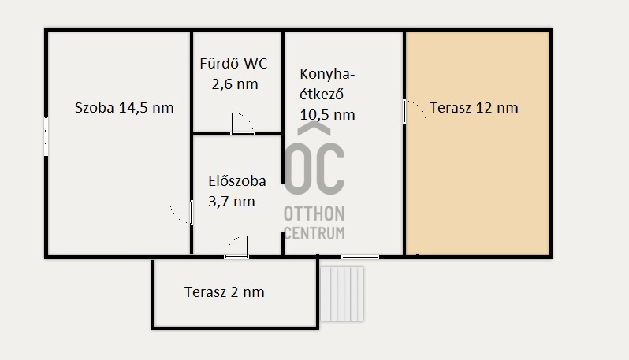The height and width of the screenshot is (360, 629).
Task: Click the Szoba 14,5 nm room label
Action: click(125, 108)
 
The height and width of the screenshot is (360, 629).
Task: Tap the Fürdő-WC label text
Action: click(233, 64)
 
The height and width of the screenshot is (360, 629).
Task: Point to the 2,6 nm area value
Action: click(235, 84)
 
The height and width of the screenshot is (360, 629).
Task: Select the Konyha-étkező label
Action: click(327, 84)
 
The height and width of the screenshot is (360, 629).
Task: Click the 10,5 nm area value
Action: click(327, 115)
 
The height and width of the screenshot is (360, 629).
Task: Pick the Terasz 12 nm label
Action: click(474, 108)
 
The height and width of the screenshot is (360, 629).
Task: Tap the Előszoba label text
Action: click(237, 181)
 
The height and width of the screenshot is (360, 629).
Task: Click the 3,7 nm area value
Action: click(232, 201)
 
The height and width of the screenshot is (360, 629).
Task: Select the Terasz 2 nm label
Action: click(224, 291)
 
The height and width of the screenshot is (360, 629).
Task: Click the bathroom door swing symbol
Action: click(243, 124)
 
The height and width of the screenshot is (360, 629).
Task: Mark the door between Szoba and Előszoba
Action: click(181, 213)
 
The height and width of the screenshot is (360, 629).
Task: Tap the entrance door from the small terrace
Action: click(236, 247)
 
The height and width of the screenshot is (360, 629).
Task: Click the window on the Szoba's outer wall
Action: click(47, 136)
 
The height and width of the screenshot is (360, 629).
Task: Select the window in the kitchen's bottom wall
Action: click(360, 257)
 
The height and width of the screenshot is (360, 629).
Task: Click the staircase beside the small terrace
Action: click(342, 295)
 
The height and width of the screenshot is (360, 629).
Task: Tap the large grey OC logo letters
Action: click(314, 169)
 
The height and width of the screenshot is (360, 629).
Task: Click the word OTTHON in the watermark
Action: click(314, 214)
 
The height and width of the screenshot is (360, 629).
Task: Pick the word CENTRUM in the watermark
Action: click(314, 233)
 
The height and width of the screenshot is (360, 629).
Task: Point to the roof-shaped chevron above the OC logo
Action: click(314, 128)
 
